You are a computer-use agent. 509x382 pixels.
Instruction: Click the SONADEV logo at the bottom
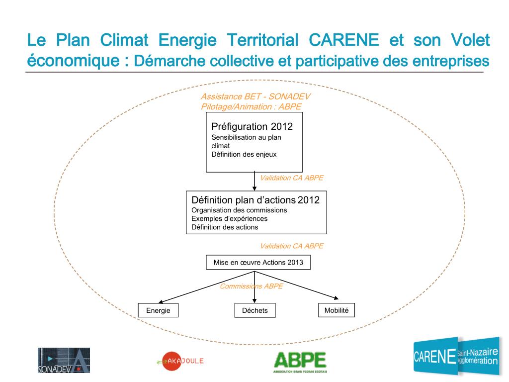(64, 360)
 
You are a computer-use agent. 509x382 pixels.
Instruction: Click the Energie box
(158, 310)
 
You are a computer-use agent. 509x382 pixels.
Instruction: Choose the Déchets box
(254, 310)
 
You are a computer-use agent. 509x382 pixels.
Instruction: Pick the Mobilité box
(337, 310)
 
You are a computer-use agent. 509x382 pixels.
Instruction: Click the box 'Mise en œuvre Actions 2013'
(258, 262)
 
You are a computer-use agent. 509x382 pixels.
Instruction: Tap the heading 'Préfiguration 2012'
(252, 126)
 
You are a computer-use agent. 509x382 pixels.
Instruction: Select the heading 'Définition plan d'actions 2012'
(255, 200)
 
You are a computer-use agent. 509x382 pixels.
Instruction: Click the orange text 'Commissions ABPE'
(251, 286)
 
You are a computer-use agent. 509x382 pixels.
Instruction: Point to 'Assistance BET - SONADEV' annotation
(255, 97)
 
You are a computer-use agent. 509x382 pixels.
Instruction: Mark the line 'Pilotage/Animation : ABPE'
(251, 106)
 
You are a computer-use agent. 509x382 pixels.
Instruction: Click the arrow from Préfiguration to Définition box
(254, 182)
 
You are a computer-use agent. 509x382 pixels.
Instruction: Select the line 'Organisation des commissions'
(239, 210)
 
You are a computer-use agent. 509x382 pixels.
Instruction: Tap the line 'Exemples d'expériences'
(229, 218)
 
